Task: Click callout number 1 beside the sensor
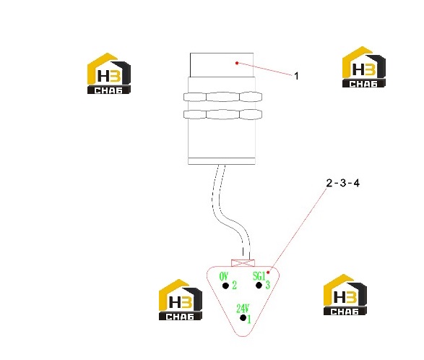coord(296,76)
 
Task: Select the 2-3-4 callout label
coord(343,183)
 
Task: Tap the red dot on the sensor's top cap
coord(237,63)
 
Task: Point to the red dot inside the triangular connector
coord(268,273)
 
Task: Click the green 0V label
coord(224,277)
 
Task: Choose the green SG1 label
coord(259,276)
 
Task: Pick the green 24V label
coord(243,309)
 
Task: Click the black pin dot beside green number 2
coord(225,286)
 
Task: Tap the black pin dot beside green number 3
coord(259,286)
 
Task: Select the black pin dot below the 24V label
coord(243,318)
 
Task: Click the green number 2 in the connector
coord(234,285)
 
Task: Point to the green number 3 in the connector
coord(267,285)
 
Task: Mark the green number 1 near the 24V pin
coord(249,319)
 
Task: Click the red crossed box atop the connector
coord(243,263)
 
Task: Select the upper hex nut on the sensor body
coord(222,97)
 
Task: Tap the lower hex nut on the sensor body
coord(222,114)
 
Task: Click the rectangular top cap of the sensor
coord(222,65)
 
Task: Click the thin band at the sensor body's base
coord(222,161)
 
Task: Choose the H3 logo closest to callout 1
coord(364,67)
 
